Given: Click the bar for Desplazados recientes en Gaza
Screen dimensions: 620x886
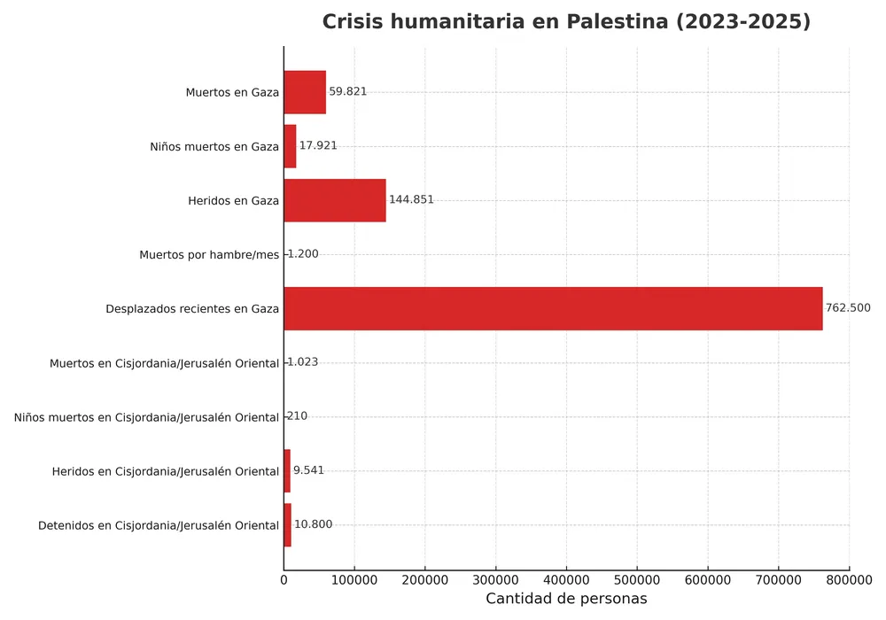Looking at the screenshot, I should (x=553, y=308).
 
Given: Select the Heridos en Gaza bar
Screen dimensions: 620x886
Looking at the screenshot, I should (x=335, y=200).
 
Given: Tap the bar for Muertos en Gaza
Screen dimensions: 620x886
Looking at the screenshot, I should (x=305, y=92).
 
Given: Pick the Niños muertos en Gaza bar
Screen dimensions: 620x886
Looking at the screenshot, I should (x=290, y=146).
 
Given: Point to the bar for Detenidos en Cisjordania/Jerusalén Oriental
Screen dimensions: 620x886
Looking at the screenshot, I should (x=288, y=525).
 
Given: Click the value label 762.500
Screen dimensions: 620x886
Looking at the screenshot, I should (x=848, y=308).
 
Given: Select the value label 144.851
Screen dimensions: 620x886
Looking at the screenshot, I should (x=411, y=200).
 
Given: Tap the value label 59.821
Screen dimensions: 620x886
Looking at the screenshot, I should (x=347, y=92).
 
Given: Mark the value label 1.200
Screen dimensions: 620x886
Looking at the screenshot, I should (x=302, y=254).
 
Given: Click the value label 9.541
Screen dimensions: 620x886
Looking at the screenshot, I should (x=308, y=470).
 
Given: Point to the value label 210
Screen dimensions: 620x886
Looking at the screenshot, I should (x=297, y=416).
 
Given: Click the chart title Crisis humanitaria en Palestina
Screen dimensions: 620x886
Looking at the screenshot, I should (x=566, y=22).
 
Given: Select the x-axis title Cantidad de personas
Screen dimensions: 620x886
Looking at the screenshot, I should (x=566, y=599).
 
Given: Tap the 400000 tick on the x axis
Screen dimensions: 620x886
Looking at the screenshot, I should (x=566, y=579).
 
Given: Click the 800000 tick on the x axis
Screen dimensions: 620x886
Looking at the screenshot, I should (x=849, y=579).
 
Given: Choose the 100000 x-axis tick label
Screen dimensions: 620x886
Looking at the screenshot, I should (x=354, y=579).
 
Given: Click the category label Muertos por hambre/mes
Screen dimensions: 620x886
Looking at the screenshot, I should (x=209, y=255).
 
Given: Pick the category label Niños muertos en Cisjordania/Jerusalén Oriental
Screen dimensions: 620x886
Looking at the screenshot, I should (x=146, y=417).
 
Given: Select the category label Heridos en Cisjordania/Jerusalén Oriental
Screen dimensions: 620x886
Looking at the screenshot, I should (x=166, y=471).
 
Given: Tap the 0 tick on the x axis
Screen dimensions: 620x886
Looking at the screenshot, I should (x=284, y=579).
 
